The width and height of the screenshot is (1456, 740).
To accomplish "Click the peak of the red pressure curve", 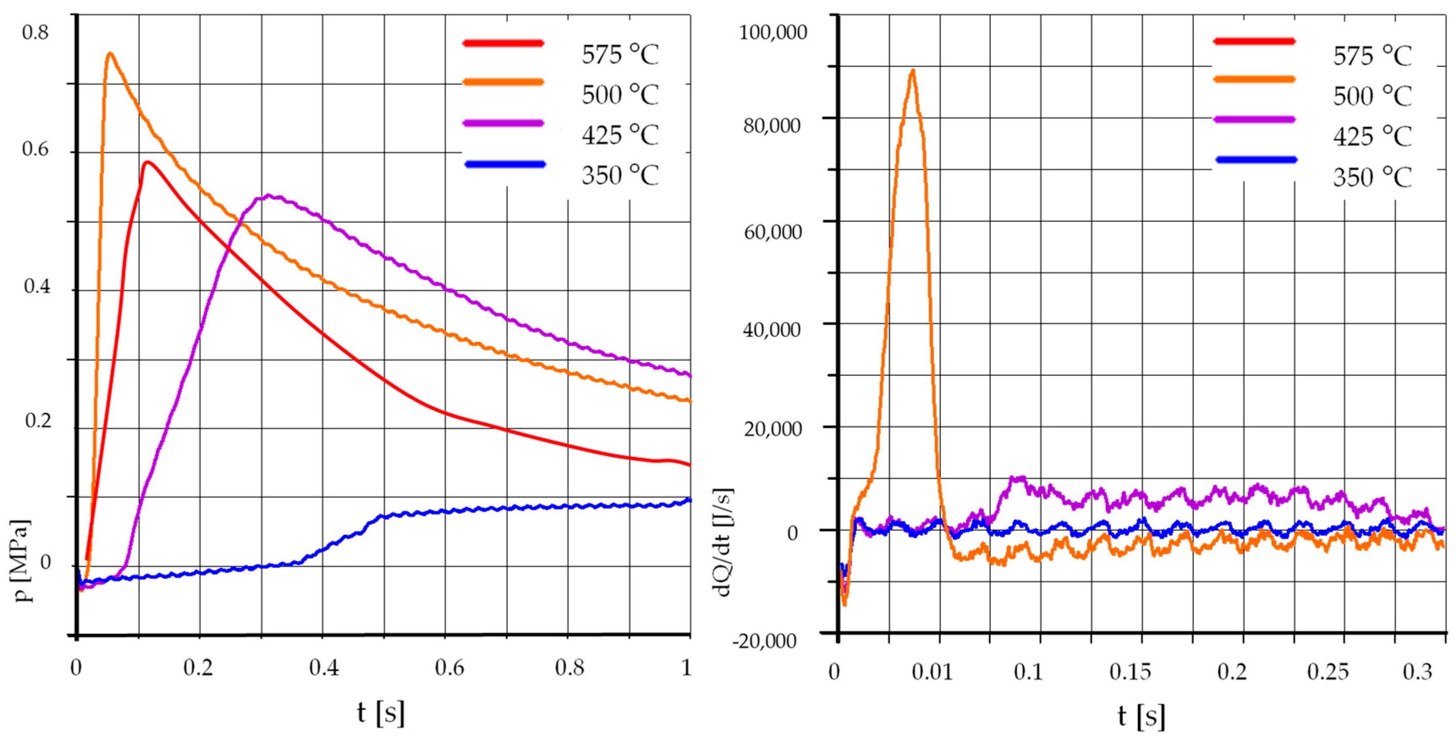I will [x=148, y=162].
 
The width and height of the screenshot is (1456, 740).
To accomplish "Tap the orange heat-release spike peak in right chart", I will [x=912, y=71].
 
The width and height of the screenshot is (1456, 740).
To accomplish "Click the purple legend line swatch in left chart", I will [x=503, y=123].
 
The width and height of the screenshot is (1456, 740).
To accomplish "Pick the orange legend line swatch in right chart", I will [x=1254, y=79].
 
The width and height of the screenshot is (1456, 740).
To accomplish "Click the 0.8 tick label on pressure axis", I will [x=36, y=33].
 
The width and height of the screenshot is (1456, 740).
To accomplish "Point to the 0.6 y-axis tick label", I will [x=36, y=150].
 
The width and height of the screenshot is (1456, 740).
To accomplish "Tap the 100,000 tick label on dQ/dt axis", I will [x=773, y=33].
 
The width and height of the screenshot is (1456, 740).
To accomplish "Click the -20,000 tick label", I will [x=764, y=641].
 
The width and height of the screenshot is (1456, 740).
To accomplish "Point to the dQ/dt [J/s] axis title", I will [x=724, y=542].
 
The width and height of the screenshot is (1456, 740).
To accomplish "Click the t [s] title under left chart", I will [x=381, y=712].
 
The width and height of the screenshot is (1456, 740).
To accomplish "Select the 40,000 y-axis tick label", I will [x=772, y=330].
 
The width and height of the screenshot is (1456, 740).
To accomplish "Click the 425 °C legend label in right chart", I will [x=1372, y=137].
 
